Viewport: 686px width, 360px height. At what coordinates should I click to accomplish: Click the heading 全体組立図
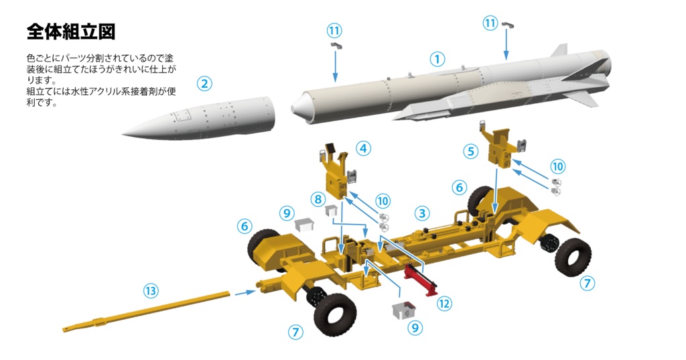tap(71, 32)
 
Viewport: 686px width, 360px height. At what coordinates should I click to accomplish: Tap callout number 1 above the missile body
tap(437, 59)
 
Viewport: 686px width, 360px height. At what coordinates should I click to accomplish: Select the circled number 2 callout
tap(204, 84)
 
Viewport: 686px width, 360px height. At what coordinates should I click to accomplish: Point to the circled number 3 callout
tap(422, 213)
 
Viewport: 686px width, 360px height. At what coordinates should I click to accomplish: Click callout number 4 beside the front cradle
tap(364, 148)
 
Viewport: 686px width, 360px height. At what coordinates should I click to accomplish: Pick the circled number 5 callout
tap(471, 152)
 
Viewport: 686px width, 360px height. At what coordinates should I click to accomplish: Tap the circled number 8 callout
tap(318, 200)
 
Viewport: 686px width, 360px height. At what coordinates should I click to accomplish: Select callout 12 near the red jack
tap(444, 303)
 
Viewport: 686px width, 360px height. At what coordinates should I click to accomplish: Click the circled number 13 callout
tap(151, 291)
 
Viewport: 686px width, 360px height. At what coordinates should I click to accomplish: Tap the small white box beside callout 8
tap(331, 209)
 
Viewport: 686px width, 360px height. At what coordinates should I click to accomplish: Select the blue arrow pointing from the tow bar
tap(245, 292)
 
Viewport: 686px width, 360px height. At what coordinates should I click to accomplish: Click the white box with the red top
tap(404, 310)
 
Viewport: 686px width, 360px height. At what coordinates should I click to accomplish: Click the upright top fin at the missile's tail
tap(559, 50)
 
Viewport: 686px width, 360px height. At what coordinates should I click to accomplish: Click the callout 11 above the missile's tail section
tap(490, 23)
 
